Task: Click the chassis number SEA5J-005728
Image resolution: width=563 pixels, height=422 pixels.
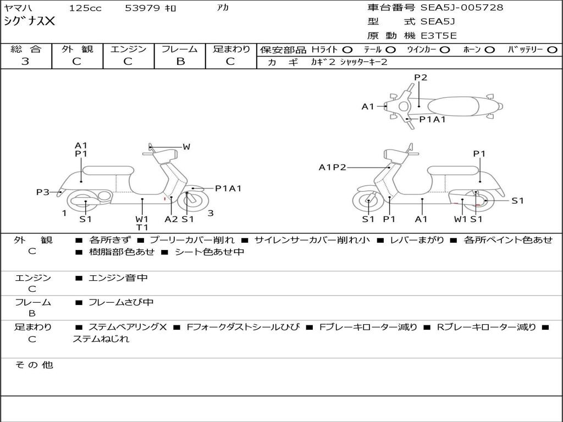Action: [x=461, y=8]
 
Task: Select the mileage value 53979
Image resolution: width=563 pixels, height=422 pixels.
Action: [x=142, y=8]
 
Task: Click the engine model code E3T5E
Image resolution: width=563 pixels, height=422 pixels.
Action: [x=439, y=36]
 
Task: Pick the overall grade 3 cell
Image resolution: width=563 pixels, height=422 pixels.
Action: [x=25, y=62]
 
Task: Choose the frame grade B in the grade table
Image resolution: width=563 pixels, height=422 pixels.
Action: [x=180, y=62]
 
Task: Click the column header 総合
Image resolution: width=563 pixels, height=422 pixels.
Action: [x=26, y=49]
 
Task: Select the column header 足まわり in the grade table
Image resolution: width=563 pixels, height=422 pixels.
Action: [x=231, y=49]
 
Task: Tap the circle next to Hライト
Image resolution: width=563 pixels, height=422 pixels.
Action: [x=348, y=49]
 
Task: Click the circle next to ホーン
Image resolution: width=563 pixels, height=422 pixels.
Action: [x=490, y=49]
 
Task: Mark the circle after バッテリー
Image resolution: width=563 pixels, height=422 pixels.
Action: [x=551, y=49]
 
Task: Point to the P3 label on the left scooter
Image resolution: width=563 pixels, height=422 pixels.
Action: [x=43, y=192]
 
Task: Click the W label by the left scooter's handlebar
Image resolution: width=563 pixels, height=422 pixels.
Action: [x=186, y=147]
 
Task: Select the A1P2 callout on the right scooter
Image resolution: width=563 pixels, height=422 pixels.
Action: [x=332, y=167]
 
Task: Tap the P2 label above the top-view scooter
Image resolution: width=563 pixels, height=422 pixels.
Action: [x=421, y=77]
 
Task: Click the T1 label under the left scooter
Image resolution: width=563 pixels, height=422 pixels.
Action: [x=142, y=227]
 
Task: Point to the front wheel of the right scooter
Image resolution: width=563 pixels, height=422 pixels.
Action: [x=368, y=202]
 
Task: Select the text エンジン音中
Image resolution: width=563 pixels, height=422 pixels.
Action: [x=118, y=278]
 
